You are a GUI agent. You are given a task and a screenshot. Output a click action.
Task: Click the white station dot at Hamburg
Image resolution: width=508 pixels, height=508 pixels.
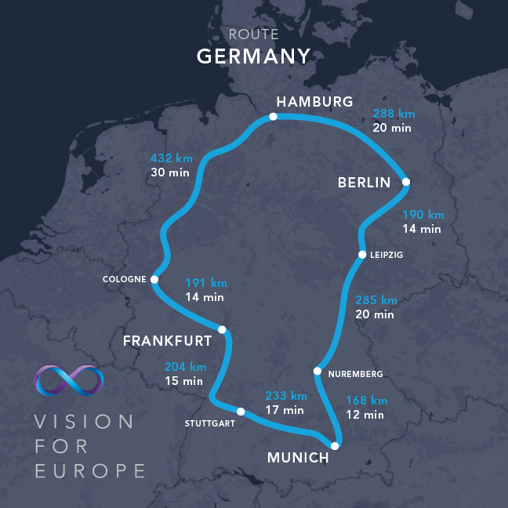pos(273,117)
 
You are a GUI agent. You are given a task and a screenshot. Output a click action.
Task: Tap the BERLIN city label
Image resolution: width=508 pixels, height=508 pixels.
pos(364,183)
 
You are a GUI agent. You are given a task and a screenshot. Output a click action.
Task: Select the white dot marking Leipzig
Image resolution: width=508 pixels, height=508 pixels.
pos(362,255)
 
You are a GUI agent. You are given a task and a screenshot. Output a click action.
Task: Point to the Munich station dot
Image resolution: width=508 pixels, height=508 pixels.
pos(335,446)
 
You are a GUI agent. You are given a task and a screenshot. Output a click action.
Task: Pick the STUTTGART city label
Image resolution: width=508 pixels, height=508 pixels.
pos(209,424)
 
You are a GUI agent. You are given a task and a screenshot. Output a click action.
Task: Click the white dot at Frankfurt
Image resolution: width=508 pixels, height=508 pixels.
pos(222,330)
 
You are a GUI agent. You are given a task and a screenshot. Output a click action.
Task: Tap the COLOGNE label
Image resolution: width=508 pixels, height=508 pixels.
pos(124,279)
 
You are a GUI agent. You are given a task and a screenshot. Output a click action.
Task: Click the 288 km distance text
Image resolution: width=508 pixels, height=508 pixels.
pos(393,114)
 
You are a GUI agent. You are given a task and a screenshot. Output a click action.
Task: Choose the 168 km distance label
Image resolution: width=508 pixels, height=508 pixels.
pos(367,401)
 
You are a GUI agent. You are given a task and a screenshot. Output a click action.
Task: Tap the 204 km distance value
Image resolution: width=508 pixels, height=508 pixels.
pos(185,367)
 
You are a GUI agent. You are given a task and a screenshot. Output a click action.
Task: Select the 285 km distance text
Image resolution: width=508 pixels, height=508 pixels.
pos(376,300)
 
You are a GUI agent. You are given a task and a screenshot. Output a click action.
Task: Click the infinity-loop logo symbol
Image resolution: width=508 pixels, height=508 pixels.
pos(69,379)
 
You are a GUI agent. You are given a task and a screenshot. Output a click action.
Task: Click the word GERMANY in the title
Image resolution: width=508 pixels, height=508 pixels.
pos(253,56)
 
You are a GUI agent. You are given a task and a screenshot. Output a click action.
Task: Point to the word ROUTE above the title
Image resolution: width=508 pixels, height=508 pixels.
pos(253,34)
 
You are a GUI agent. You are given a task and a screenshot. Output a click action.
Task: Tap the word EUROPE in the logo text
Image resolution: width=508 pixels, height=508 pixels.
pos(89,471)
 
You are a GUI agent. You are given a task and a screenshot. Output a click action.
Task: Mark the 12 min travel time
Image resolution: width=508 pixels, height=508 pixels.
pos(365,415)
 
